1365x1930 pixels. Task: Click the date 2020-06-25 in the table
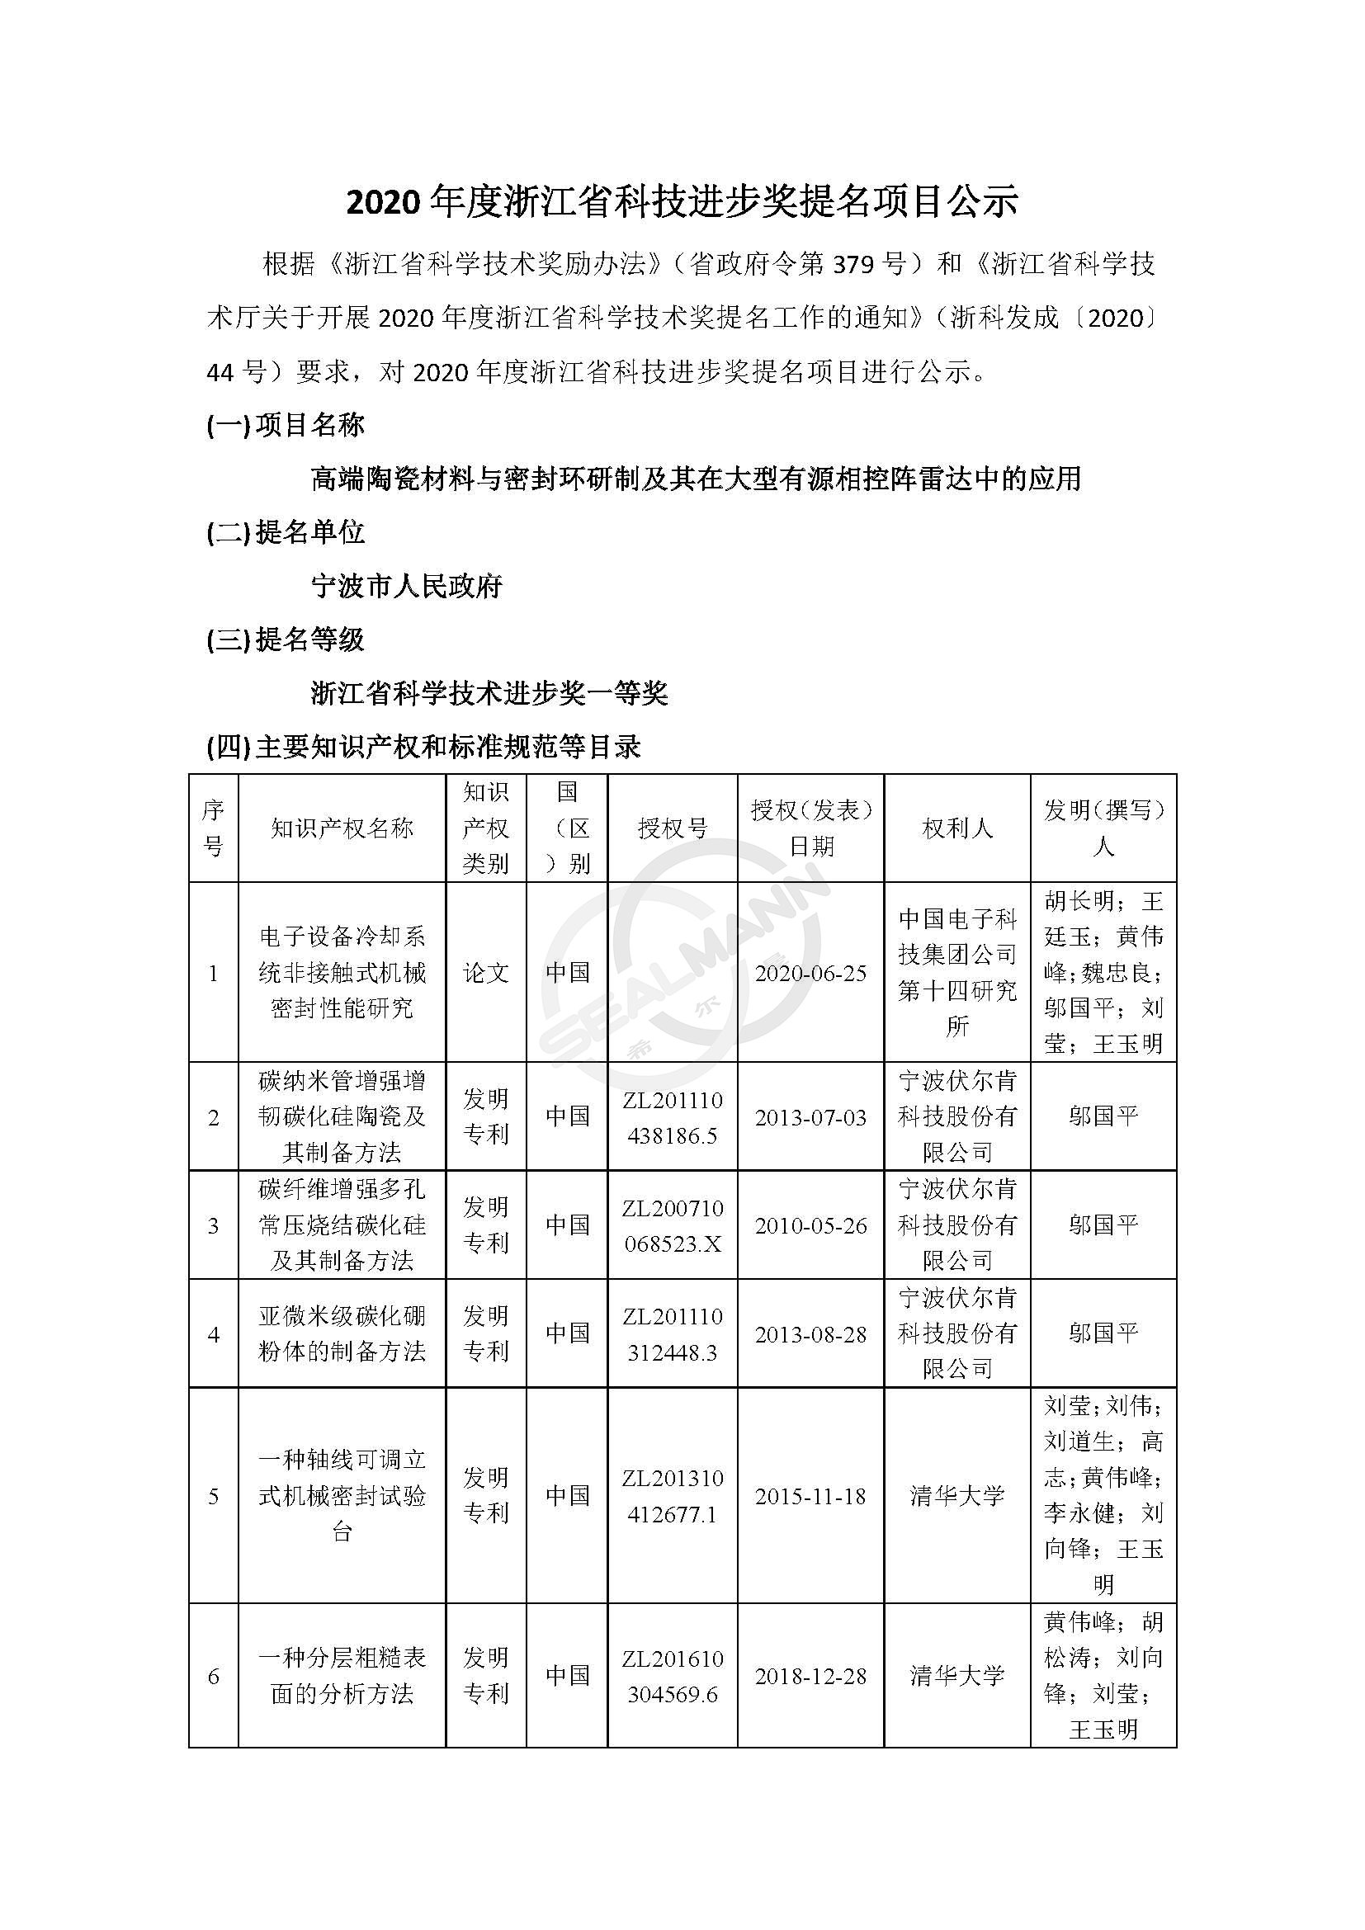[810, 974]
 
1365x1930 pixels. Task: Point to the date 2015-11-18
[810, 1496]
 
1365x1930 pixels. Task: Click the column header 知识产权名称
[342, 828]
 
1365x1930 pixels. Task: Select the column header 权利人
[957, 828]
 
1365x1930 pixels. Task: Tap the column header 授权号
[673, 828]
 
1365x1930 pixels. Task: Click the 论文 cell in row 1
[486, 974]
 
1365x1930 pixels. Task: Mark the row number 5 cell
[214, 1497]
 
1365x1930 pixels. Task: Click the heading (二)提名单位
[286, 532]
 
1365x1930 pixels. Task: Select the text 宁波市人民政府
[407, 586]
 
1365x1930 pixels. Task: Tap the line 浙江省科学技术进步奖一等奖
[489, 693]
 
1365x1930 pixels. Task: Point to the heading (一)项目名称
[286, 425]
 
